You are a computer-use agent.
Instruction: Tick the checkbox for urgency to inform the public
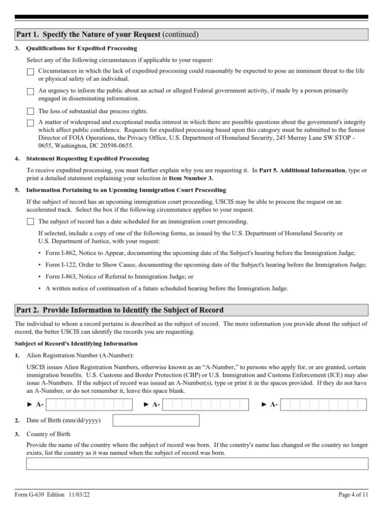click(30, 92)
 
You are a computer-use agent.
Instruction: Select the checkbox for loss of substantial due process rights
click(30, 111)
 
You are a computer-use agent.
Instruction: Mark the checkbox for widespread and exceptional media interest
click(30, 123)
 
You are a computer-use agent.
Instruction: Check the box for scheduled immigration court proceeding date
click(30, 221)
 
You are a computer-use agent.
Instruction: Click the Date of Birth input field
click(155, 420)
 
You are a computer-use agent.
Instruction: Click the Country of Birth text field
click(196, 464)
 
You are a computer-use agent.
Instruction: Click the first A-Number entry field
click(89, 404)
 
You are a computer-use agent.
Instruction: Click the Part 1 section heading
click(107, 35)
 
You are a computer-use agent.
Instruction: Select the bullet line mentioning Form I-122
click(205, 265)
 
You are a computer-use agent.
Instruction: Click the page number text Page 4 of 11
click(353, 495)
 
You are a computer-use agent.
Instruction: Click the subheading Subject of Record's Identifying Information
click(76, 344)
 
